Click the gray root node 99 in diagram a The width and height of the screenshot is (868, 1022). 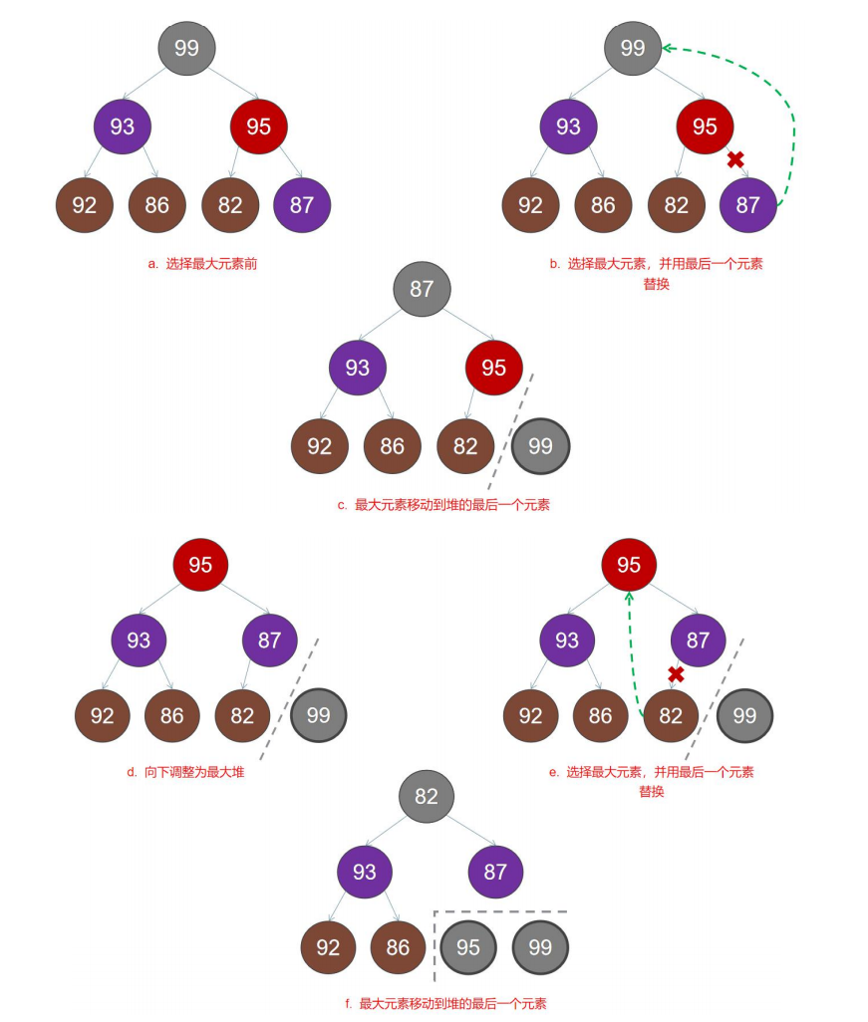(x=186, y=48)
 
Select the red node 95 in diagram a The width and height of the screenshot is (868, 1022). (x=258, y=127)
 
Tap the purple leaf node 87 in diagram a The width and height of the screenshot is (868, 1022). (x=302, y=205)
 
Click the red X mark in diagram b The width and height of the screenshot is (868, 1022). (x=735, y=159)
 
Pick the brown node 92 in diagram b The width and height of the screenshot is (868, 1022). (x=530, y=205)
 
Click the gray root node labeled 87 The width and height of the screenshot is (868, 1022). (x=422, y=289)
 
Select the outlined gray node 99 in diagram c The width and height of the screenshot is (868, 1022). (x=540, y=446)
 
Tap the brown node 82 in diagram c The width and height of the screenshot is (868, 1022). (x=465, y=446)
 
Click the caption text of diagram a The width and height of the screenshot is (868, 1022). (x=202, y=264)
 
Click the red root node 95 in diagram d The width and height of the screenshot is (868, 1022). (x=200, y=565)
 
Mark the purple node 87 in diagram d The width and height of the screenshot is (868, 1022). (x=269, y=639)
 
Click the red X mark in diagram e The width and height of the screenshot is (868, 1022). (x=676, y=674)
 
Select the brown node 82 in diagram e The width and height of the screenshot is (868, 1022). (x=671, y=715)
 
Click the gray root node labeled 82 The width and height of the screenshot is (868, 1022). (x=426, y=796)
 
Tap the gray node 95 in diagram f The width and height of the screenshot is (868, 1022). (x=468, y=946)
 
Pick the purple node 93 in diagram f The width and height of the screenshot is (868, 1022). (x=365, y=872)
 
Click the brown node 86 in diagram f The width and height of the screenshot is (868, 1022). (x=398, y=946)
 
